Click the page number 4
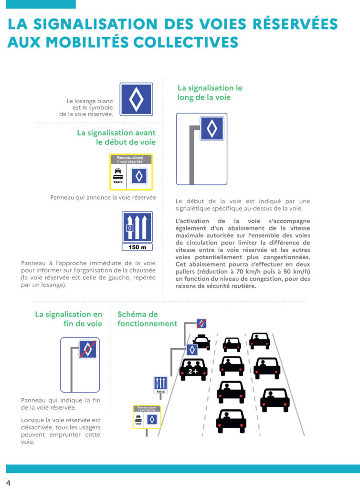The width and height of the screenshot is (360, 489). [x=8, y=483]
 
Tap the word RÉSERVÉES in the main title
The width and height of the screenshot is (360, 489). [x=295, y=24]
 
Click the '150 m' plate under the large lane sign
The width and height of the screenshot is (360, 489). [x=137, y=247]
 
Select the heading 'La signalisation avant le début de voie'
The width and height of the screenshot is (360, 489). [x=116, y=137]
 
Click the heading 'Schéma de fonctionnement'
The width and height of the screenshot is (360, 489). [x=147, y=319]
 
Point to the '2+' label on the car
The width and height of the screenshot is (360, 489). [x=193, y=371]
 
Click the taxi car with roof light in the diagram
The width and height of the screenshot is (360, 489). [x=201, y=342]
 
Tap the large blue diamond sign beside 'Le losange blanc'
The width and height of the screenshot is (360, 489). [x=136, y=99]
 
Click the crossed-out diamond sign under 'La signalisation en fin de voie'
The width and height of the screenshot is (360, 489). [x=87, y=349]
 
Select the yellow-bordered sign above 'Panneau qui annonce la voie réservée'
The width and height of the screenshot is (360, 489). [x=131, y=172]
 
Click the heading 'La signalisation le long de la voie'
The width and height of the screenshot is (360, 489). [x=210, y=93]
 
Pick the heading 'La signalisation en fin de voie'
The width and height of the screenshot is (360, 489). [x=69, y=319]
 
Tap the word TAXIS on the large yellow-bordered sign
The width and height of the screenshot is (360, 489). [x=118, y=182]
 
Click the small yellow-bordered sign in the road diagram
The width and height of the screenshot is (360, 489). [x=147, y=416]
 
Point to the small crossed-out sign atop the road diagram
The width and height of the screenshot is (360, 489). [x=201, y=323]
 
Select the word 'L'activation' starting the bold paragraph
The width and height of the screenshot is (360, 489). [x=192, y=221]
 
